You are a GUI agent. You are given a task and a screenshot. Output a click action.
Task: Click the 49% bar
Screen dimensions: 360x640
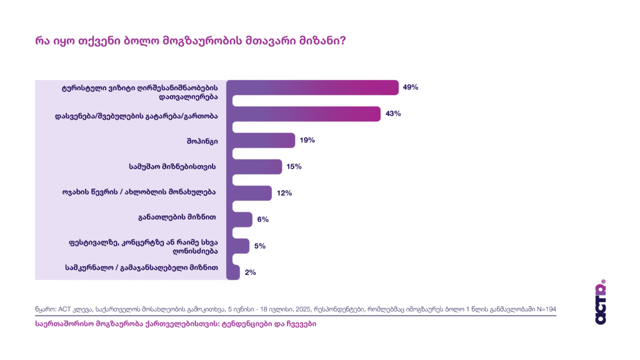click(x=312, y=87)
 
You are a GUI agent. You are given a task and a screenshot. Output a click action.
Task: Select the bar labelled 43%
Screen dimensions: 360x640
click(x=303, y=114)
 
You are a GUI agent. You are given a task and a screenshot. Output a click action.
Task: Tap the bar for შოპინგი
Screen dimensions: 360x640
click(x=261, y=140)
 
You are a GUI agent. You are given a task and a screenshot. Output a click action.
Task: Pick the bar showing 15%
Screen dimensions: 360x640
click(x=254, y=166)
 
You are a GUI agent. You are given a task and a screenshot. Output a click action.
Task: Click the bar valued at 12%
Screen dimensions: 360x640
click(x=249, y=193)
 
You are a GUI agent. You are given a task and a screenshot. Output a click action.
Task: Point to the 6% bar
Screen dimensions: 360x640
click(x=239, y=219)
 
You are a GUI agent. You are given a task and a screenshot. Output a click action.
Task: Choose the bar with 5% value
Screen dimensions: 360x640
click(x=238, y=246)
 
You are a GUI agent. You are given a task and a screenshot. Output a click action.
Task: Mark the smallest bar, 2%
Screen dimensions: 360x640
click(x=233, y=272)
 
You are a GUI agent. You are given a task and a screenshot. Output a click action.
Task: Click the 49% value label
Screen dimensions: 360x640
click(x=410, y=87)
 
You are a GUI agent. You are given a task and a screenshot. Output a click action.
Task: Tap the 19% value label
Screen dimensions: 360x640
click(x=307, y=140)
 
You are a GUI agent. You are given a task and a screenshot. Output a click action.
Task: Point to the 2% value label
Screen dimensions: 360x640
click(x=251, y=272)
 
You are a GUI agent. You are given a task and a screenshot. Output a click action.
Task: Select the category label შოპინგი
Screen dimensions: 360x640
click(x=204, y=141)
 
